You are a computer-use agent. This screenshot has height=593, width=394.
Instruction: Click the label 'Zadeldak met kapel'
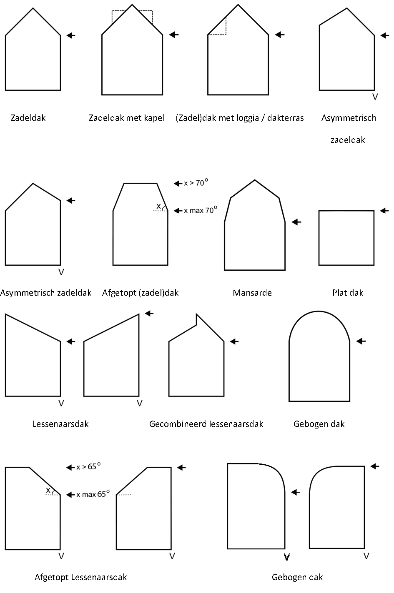coord(127,118)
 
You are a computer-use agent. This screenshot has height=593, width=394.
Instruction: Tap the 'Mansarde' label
coord(252,293)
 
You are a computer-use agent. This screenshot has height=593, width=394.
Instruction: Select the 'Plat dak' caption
coord(348,293)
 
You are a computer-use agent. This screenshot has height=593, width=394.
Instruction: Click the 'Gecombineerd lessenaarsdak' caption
coord(206,424)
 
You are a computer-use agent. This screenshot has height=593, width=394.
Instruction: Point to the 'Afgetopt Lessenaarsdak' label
coord(81,577)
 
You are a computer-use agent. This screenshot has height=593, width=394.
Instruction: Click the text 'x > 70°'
coord(196,182)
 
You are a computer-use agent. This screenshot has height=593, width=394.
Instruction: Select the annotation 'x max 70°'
coord(201,210)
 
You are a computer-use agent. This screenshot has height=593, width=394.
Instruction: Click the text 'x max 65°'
coord(93,494)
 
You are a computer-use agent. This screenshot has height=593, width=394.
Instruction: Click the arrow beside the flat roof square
coord(384,211)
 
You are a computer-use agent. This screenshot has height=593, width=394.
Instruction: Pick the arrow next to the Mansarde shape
coord(296,222)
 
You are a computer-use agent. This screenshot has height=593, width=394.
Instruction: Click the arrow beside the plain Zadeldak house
coord(71,35)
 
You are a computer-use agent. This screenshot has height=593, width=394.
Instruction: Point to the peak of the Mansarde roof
coord(255,180)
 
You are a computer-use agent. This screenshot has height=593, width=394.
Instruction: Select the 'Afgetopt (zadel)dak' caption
coord(141,293)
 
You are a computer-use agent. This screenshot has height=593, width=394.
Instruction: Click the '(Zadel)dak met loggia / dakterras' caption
coord(240,118)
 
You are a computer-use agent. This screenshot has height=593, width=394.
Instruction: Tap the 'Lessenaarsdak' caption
coord(60,424)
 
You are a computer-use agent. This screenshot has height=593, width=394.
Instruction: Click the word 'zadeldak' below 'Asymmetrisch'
coord(348,140)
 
